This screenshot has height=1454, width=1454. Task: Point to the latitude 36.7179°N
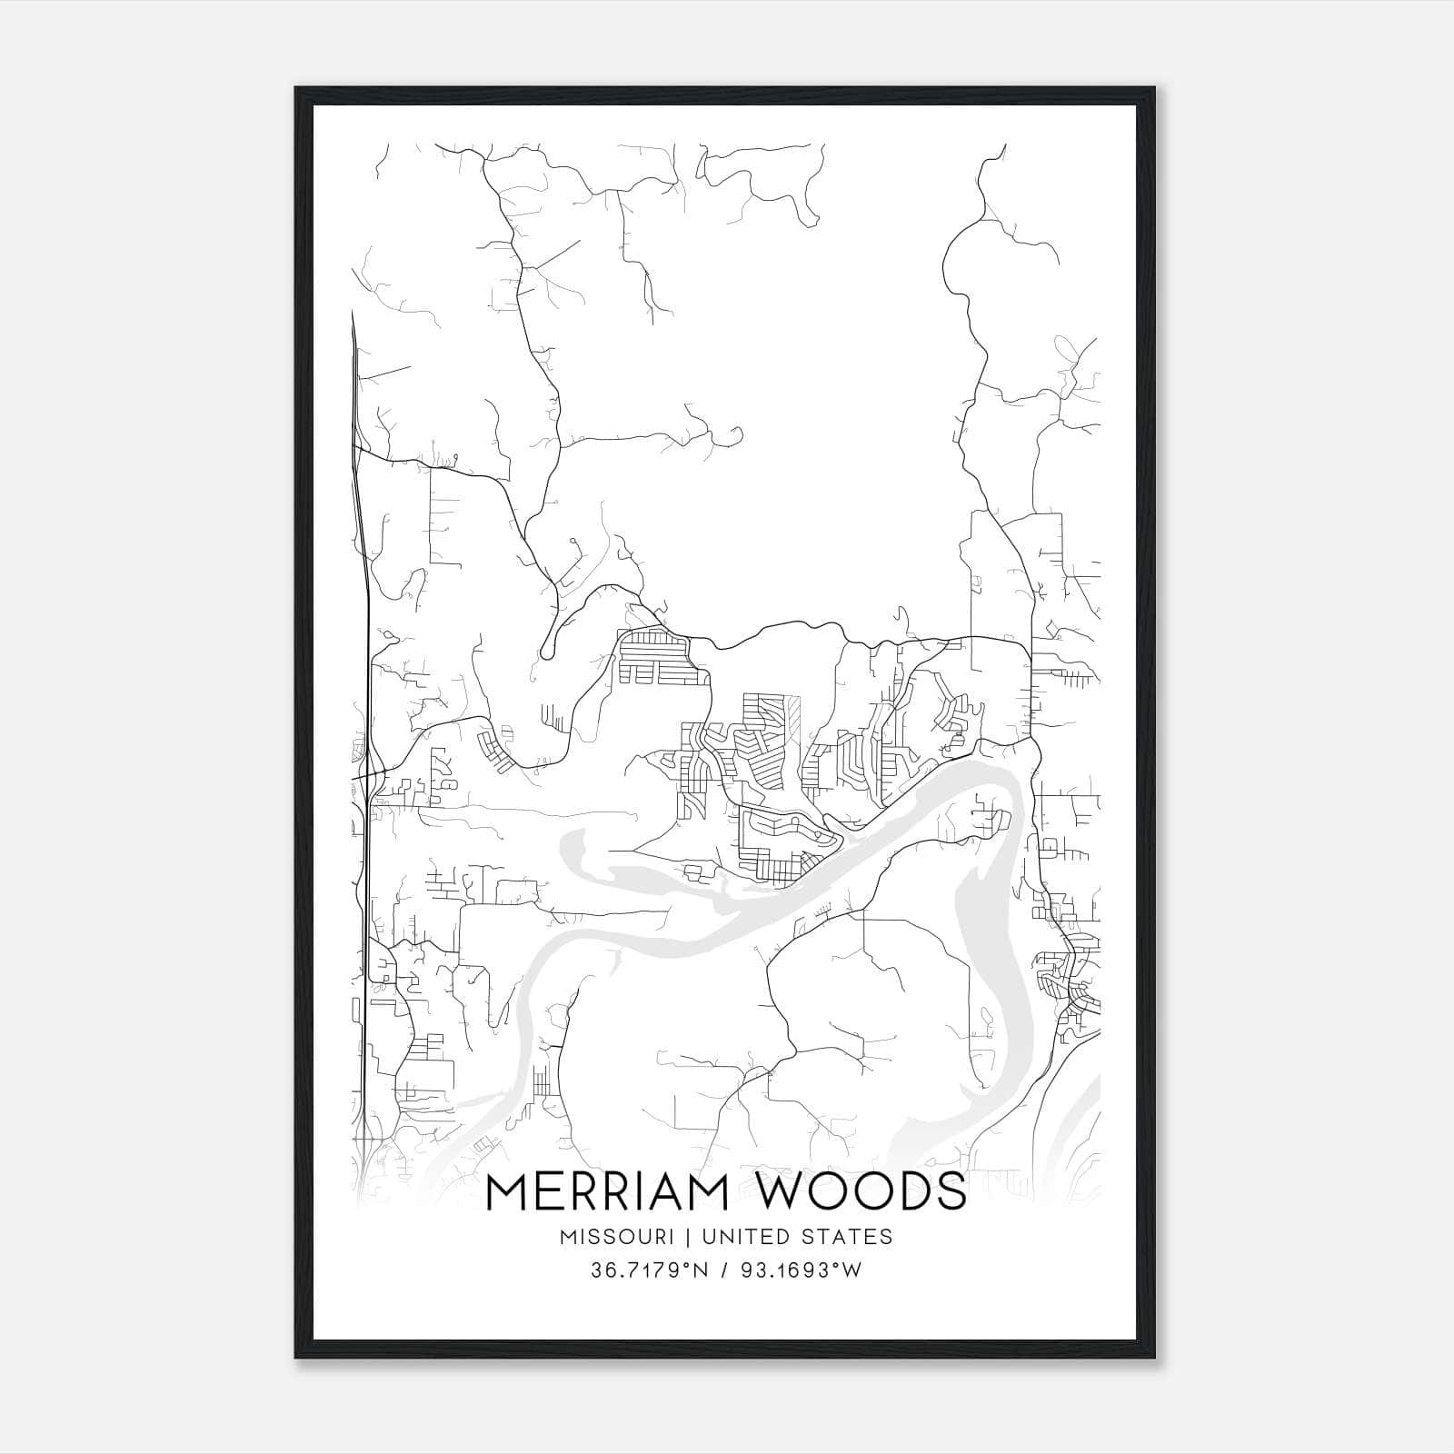point(649,1270)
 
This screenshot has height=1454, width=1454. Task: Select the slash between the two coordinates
point(724,1270)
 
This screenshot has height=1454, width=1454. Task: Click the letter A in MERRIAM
point(677,1191)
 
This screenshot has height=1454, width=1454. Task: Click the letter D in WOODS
point(911,1191)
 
